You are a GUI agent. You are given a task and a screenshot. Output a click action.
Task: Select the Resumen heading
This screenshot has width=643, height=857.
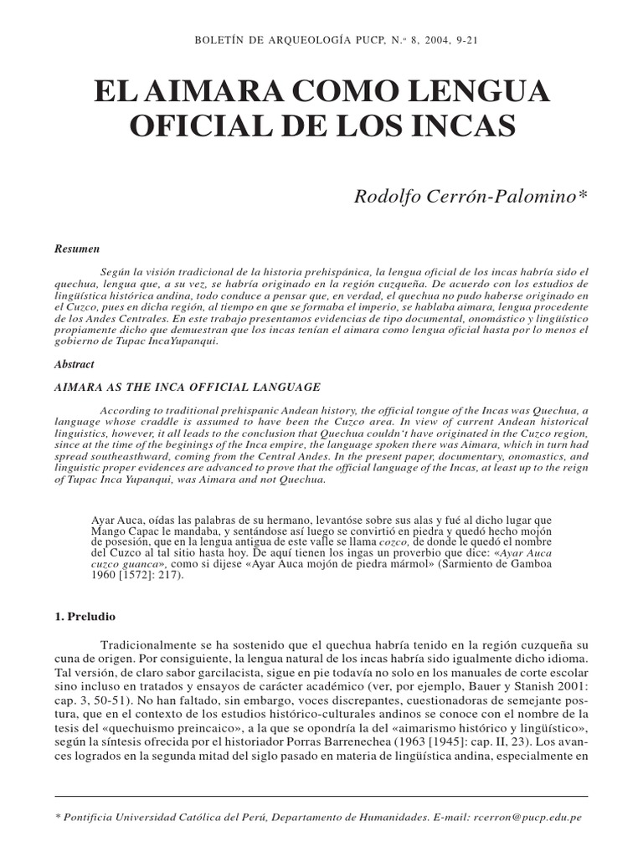tap(77, 249)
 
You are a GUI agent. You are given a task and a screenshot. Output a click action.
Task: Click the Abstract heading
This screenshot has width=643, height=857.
tap(75, 365)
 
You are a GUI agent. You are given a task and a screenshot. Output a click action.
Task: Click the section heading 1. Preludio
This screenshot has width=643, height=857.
tap(90, 616)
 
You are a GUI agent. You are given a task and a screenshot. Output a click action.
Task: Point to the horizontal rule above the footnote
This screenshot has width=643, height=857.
tap(321, 796)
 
